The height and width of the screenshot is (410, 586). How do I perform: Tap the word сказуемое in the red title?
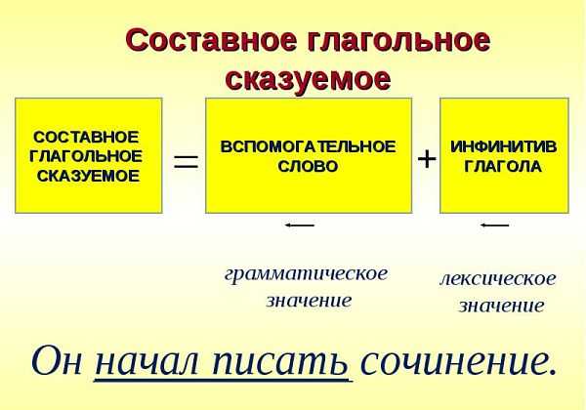[308, 80]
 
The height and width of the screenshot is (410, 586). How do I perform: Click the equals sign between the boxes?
[186, 162]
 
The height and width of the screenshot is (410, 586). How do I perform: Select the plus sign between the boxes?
[427, 159]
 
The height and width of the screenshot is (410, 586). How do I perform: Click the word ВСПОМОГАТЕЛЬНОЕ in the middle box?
[308, 146]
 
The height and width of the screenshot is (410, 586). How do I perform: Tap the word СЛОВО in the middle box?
[308, 167]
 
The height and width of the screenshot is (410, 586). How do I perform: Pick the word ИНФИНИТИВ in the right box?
[503, 146]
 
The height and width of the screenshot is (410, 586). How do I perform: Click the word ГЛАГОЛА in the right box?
[503, 167]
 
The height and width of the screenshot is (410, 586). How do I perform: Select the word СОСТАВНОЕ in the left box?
[86, 137]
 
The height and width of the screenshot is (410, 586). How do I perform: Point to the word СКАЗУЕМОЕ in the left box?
[89, 177]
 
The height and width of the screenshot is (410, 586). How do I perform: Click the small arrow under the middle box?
[300, 225]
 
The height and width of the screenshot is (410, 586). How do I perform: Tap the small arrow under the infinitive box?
[495, 225]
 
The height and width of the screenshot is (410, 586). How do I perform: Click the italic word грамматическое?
[306, 275]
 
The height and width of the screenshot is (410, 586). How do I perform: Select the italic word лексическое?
[498, 279]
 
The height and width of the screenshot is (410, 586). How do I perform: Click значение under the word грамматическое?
[309, 301]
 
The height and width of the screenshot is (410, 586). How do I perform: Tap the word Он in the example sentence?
[57, 360]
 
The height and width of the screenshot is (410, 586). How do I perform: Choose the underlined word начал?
[146, 362]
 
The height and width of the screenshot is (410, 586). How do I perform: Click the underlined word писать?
[280, 362]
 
